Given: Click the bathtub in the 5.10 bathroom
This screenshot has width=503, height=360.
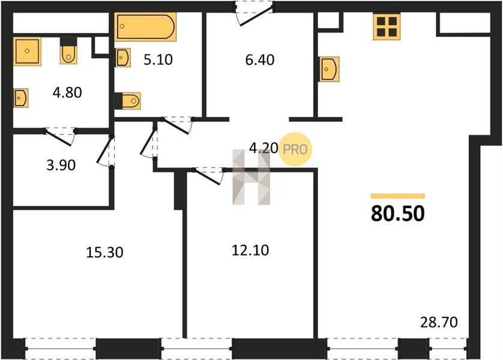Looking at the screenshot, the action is point(146,26).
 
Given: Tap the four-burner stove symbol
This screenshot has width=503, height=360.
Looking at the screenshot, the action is point(387,26).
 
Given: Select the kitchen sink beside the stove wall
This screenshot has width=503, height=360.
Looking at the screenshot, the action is point(329,69).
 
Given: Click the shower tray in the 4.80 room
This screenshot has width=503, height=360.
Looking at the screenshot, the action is point(27,51).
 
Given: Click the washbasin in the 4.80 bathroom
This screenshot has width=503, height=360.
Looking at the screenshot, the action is point(20,97).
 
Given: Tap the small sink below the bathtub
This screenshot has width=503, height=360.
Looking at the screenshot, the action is point(123,58).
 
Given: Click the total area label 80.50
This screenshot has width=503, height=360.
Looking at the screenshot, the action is point(398,214).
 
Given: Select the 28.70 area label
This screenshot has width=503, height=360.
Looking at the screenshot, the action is point(439,322).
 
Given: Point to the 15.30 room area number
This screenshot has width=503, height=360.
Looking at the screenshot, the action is point(104,252).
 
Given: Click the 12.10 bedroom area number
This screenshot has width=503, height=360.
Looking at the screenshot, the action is point(250,250).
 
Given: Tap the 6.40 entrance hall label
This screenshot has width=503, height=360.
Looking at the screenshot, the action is point(260,60).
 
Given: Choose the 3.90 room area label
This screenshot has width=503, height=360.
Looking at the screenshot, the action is point(61,165).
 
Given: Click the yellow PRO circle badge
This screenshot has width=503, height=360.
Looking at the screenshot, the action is point(295,149).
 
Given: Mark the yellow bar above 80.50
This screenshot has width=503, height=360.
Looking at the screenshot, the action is point(398,196).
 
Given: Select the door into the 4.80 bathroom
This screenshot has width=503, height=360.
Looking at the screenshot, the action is point(61,137).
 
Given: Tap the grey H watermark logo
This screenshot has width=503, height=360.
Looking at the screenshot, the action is point(251,176).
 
